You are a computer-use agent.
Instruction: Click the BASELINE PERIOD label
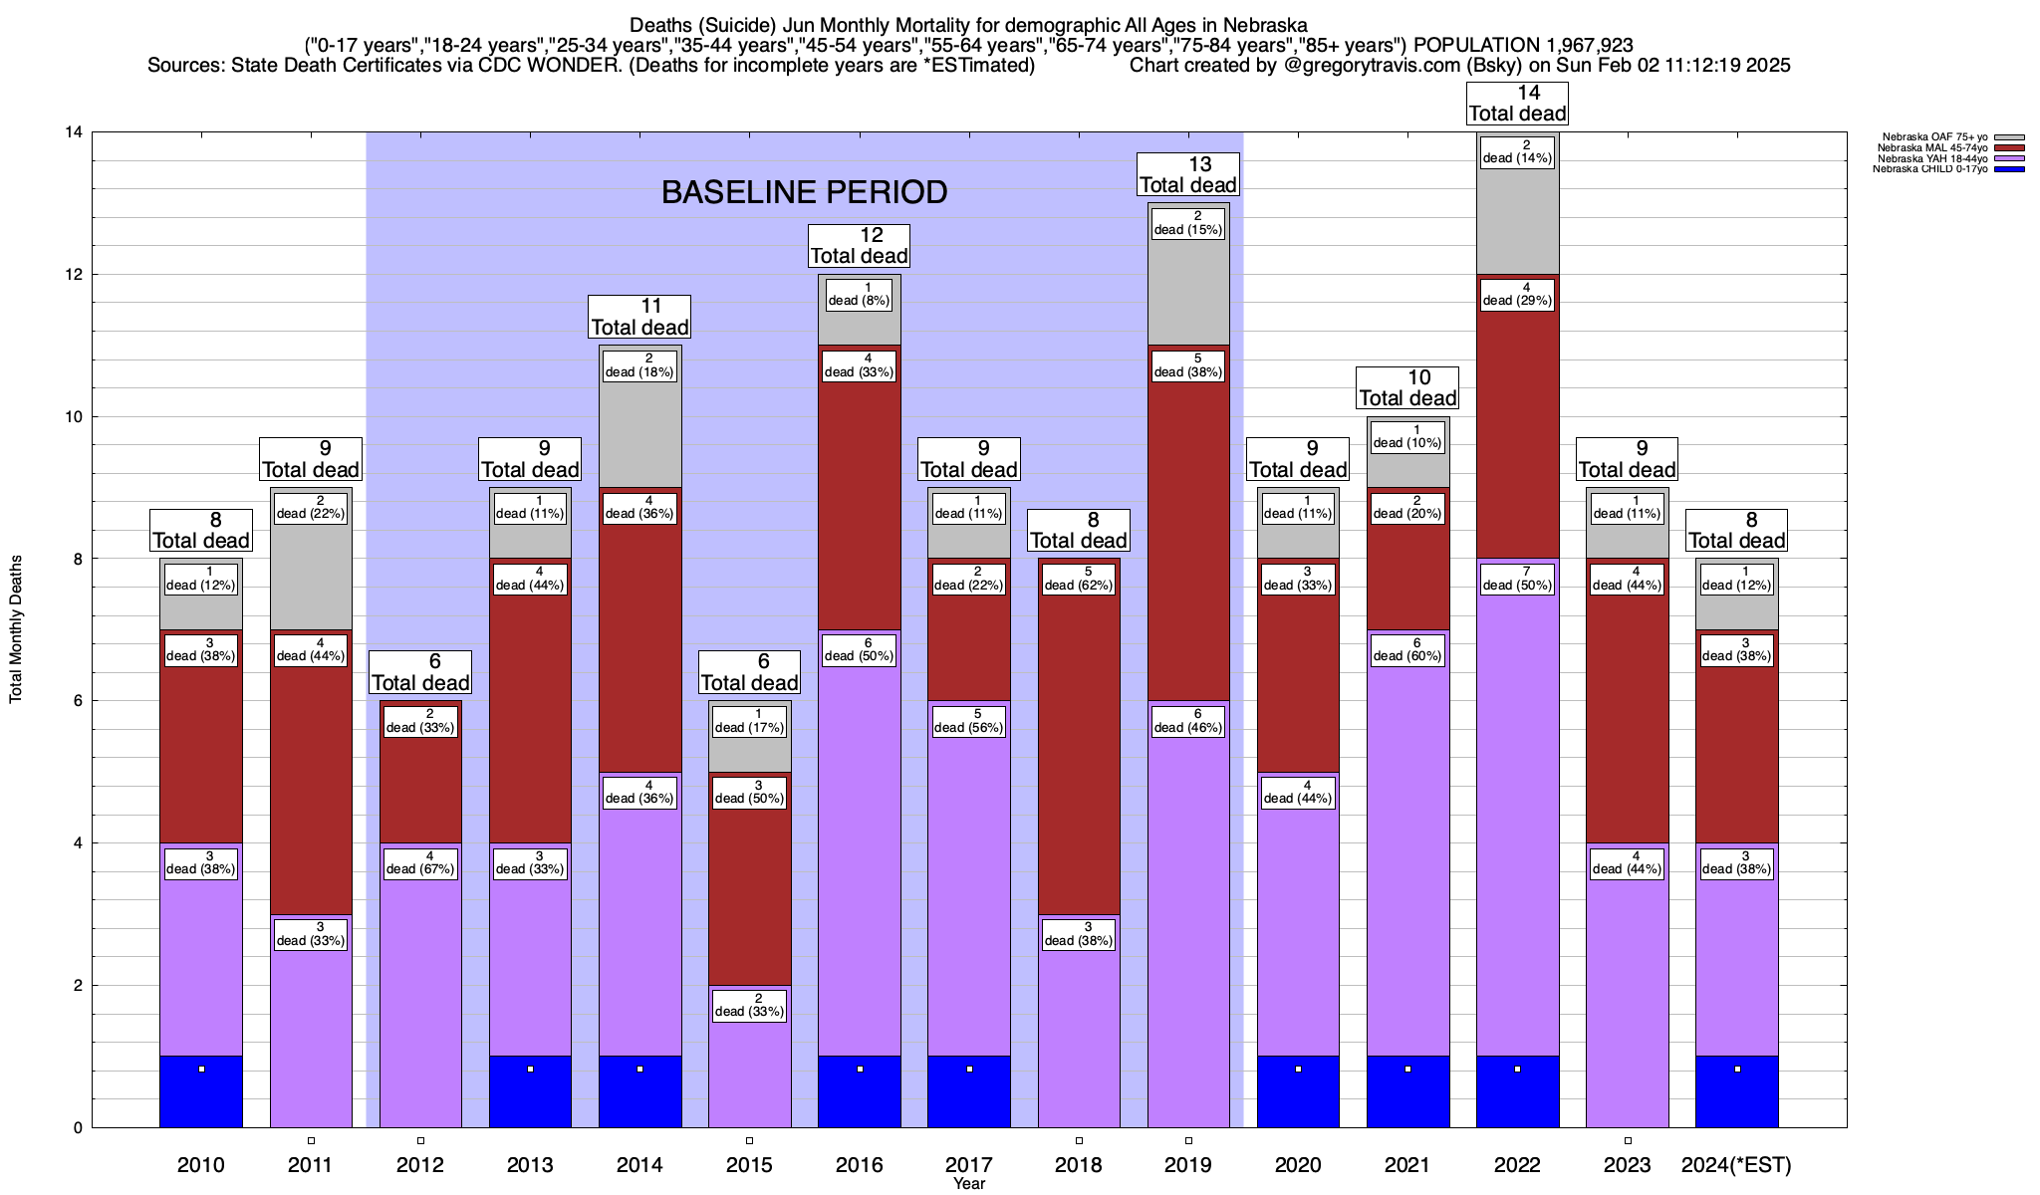coord(804,192)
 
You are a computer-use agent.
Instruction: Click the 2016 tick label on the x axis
coord(859,1165)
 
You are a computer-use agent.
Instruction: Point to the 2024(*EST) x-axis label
coord(1736,1165)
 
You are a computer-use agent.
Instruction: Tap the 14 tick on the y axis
coord(74,132)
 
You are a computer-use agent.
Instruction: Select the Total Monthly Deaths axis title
coord(16,629)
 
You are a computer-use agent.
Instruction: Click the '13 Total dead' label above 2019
coord(1188,175)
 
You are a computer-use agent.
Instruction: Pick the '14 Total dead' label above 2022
coord(1517,104)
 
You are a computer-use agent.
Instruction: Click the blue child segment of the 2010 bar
coord(201,1091)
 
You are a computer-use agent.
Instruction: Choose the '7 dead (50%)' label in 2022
coord(1517,579)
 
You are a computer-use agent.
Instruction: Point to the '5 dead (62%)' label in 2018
coord(1079,579)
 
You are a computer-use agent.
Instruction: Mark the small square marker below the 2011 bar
coord(311,1140)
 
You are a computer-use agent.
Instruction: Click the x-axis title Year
coord(968,1184)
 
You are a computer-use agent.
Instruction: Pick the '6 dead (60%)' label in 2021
coord(1407,649)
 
